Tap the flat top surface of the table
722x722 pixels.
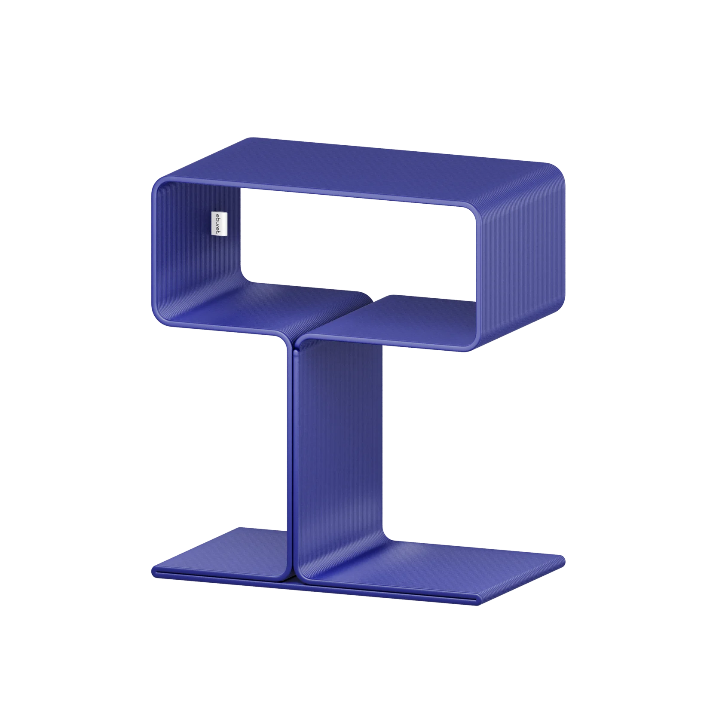[361, 172]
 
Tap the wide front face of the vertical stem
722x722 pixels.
[340, 447]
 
